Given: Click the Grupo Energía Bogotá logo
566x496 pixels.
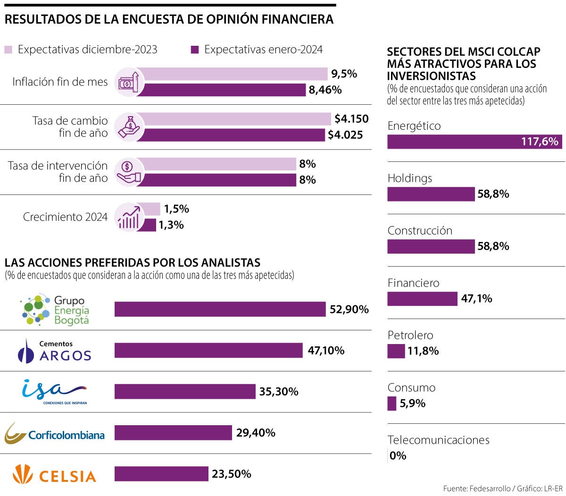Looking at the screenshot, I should coord(55,310).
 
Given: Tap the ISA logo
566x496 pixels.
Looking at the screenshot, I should coord(55,391).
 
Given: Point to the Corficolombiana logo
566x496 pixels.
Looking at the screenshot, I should coord(55,433).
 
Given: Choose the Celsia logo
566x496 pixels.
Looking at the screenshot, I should coord(55,474).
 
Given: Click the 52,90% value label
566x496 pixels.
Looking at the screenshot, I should coord(349,310).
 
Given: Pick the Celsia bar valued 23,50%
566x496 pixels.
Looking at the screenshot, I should coord(161,474).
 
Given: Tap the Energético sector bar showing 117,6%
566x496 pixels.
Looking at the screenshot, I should coord(474,142).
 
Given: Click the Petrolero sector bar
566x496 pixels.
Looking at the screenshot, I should coord(396,351).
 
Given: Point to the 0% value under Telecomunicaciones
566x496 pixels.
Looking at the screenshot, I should coord(398,456).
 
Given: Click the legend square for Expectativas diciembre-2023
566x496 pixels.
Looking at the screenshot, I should coord(8,50).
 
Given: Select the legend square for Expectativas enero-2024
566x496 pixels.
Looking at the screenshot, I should coord(195,50).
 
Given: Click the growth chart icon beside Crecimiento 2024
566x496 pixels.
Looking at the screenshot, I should coord(129,217).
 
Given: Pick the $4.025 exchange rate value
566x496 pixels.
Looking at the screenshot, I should coord(345,135).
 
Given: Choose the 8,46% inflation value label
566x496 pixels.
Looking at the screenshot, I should coord(325,90).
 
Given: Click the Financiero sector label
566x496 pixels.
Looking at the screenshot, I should coord(413,283).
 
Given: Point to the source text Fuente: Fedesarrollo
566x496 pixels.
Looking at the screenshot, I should coord(476,488).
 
